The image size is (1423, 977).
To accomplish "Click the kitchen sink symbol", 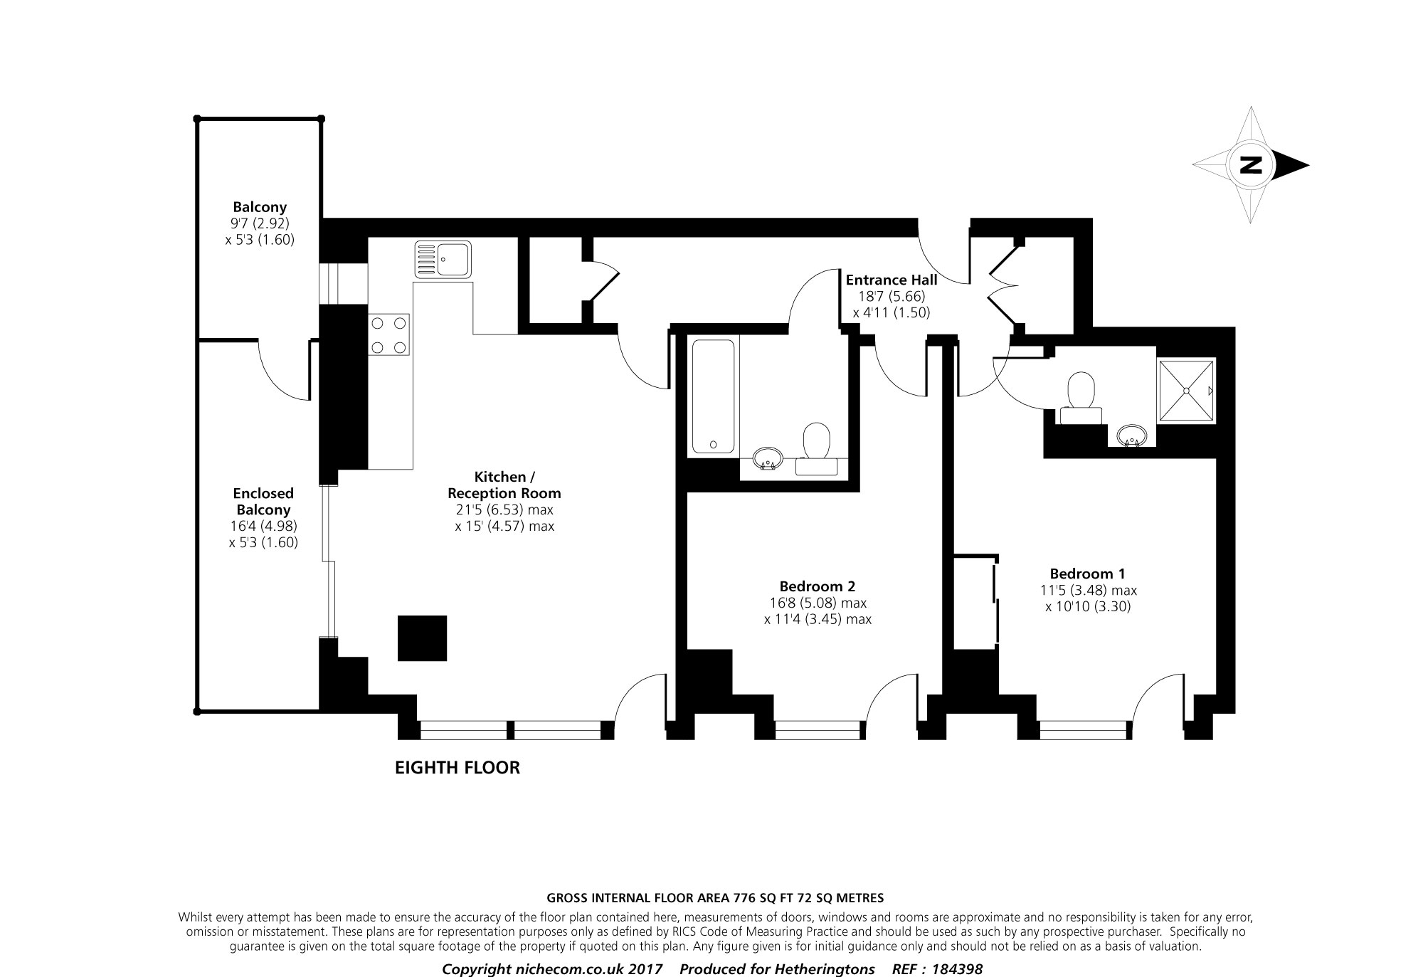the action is point(443,259).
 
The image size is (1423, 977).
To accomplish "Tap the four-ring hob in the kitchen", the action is point(389,335).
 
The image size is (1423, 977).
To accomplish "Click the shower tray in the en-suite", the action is point(1187,391).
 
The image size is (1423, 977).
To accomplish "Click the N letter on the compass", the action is point(1250,165).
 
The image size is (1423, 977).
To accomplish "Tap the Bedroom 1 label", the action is point(1087,574).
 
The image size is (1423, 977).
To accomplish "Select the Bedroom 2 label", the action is point(818,586).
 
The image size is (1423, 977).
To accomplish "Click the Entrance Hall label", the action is point(891,280).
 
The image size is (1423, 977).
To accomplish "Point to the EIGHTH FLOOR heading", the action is point(457,768).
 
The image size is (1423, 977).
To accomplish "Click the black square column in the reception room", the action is point(422,638).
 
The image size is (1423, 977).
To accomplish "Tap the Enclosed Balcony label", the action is point(263,501).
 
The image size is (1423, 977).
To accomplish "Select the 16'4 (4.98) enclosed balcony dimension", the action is point(263,526).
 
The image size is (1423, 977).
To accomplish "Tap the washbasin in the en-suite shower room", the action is point(1131,435).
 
